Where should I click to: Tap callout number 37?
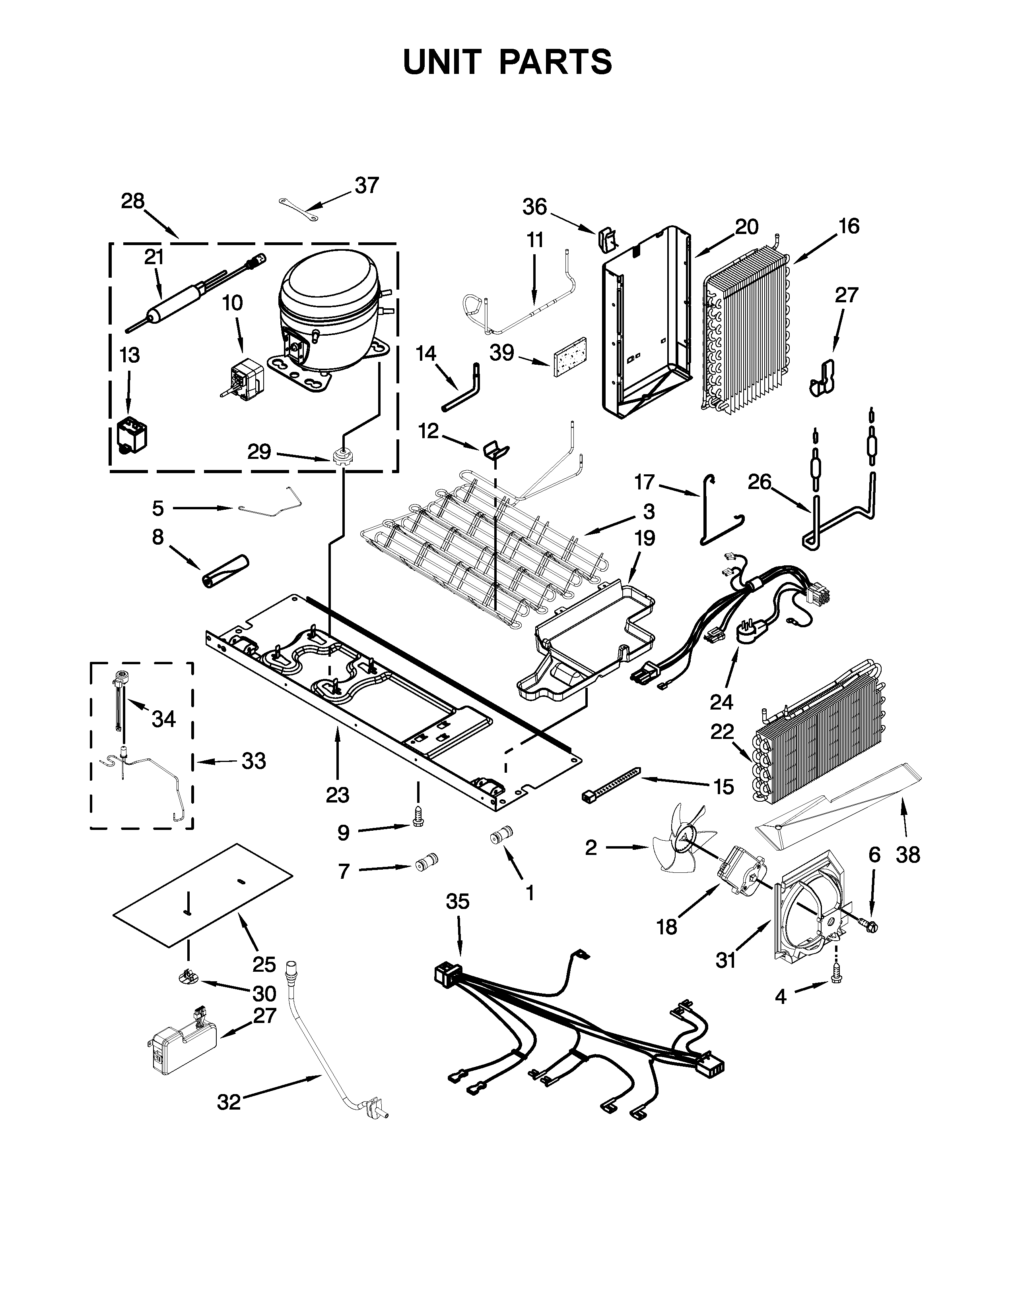[367, 186]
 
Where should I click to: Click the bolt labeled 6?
[868, 925]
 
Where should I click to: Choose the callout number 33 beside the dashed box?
[254, 761]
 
